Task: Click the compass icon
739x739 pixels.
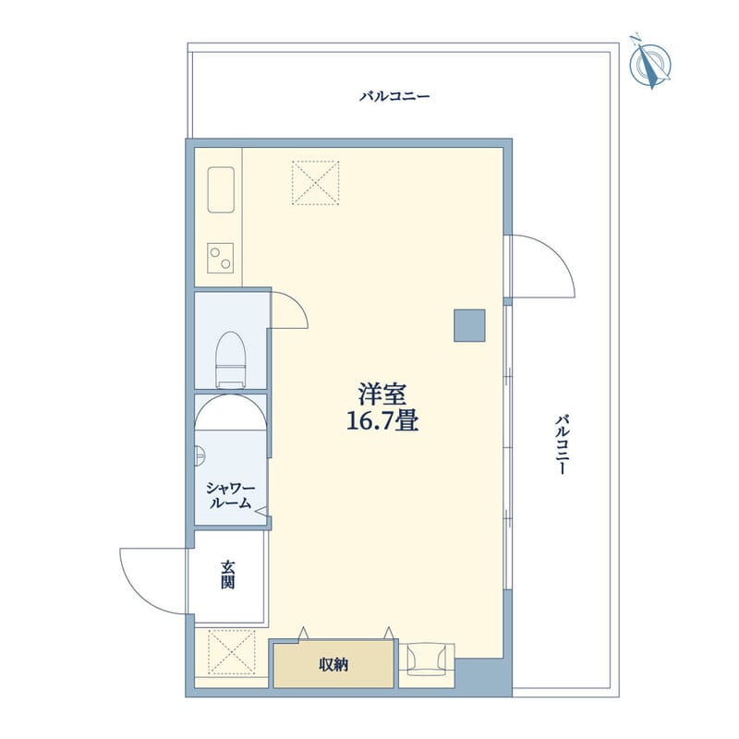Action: (650, 62)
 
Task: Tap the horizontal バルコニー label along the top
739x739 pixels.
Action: (394, 96)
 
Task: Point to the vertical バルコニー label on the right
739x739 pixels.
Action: (561, 444)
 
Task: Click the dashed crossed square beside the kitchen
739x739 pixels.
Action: (315, 182)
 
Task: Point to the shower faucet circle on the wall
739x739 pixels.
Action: (198, 454)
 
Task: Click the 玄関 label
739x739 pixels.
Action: (227, 575)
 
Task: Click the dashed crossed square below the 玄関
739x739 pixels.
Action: (231, 652)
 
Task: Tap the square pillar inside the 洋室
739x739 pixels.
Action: (469, 324)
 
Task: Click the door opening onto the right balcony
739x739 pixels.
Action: (540, 266)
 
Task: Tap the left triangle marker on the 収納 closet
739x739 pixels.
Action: (302, 633)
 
